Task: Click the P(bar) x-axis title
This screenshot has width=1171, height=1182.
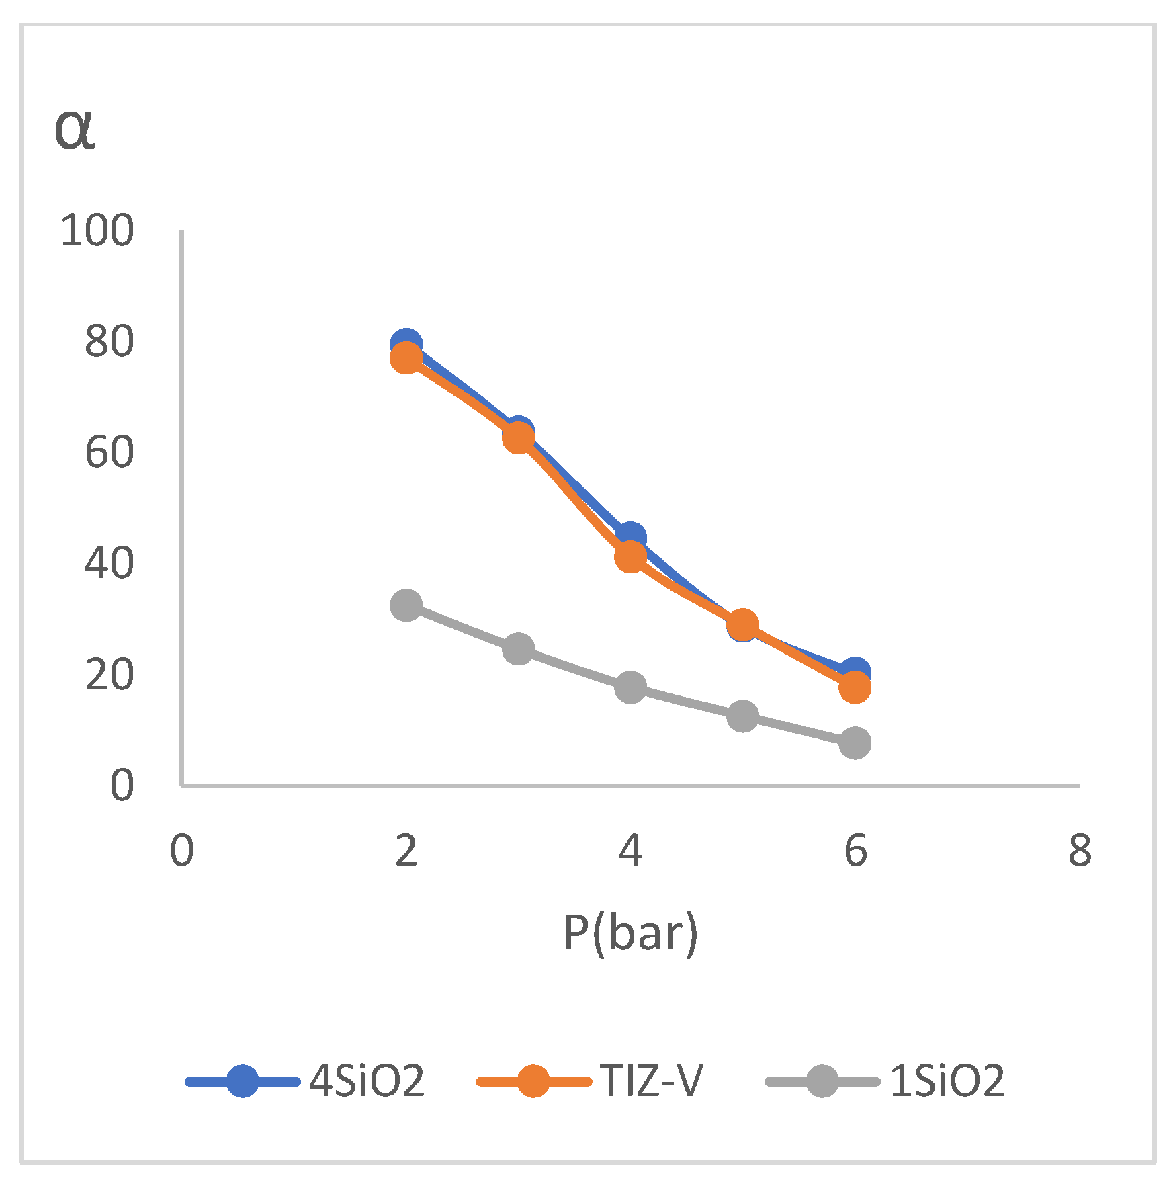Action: tap(630, 933)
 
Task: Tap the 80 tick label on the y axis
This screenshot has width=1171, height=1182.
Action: tap(109, 341)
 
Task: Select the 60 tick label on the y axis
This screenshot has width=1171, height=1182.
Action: tap(109, 452)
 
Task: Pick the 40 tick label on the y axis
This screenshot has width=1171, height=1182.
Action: tap(109, 563)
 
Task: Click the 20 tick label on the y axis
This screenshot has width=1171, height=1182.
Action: tap(109, 675)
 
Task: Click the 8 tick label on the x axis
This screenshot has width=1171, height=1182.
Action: tap(1080, 850)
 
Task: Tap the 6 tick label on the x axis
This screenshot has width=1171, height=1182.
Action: tap(855, 850)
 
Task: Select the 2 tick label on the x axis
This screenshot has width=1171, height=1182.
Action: tap(406, 850)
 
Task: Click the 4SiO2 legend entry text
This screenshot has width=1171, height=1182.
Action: tap(367, 1081)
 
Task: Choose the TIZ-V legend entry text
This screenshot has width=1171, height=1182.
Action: tap(652, 1081)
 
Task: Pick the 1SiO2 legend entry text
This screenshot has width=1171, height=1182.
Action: tap(947, 1081)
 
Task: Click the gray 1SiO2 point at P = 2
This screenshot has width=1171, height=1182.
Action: tap(406, 605)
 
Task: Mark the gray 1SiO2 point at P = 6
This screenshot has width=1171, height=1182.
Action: tap(855, 743)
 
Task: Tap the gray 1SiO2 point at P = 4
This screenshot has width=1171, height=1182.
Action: tap(631, 687)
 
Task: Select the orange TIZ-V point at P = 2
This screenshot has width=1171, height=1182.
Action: tap(406, 358)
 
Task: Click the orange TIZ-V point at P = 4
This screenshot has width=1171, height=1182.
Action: tap(631, 556)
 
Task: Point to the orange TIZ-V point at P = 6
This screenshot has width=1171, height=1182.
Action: tap(855, 687)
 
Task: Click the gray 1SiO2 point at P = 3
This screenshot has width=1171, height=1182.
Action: tap(519, 648)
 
